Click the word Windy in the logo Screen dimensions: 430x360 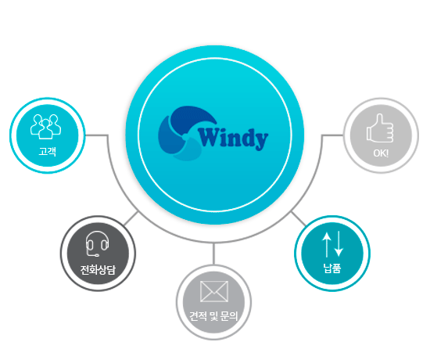(x=234, y=139)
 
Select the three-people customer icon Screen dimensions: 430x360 (x=46, y=127)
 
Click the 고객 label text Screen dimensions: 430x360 (x=48, y=151)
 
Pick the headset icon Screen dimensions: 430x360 (x=97, y=244)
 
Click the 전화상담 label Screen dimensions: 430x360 (x=98, y=270)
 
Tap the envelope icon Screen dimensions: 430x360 (x=214, y=291)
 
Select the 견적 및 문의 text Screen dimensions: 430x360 (x=213, y=316)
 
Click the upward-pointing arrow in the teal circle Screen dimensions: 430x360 (x=326, y=245)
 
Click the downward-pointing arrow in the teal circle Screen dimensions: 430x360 (x=339, y=244)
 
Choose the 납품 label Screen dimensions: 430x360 (x=332, y=268)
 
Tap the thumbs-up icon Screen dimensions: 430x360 (x=380, y=128)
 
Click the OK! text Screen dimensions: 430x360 (x=381, y=153)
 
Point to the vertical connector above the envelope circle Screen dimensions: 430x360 (x=213, y=254)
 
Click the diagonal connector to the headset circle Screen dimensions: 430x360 (x=131, y=218)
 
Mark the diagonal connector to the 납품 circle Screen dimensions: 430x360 (x=299, y=218)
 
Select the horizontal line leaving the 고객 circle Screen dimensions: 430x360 (x=96, y=135)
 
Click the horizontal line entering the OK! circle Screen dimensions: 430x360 (x=332, y=135)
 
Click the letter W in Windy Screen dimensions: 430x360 (x=209, y=137)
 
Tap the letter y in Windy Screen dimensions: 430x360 (x=262, y=142)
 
